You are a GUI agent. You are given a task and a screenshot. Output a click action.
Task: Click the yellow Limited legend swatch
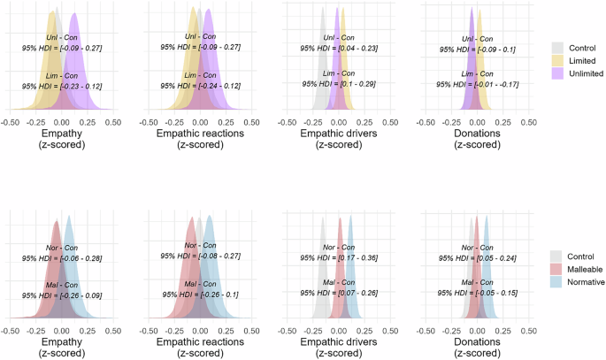point(557,60)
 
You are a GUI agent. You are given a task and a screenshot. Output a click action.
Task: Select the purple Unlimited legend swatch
point(557,73)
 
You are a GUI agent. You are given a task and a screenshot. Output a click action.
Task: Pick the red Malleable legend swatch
point(557,266)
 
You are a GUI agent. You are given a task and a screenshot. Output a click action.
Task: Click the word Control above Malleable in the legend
point(582,253)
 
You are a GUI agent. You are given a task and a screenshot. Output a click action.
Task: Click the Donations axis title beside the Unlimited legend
point(477,134)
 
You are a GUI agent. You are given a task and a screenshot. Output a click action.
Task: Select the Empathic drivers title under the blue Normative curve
point(337,341)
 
